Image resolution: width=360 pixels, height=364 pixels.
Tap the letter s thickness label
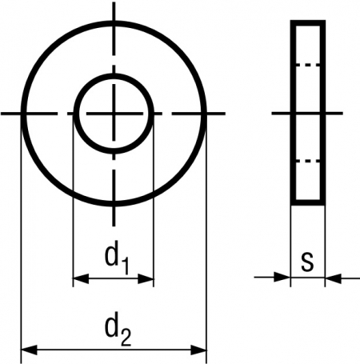click(x=307, y=261)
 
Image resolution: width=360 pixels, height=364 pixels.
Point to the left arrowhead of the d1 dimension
click(x=81, y=278)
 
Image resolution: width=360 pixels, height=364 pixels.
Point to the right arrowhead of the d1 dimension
click(x=146, y=278)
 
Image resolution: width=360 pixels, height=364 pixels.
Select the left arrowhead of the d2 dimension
click(x=29, y=350)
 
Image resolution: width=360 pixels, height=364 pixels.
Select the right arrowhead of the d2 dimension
click(x=198, y=350)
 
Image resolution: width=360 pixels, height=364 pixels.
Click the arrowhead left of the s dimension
click(x=282, y=278)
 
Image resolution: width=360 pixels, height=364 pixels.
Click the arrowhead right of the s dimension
click(x=334, y=278)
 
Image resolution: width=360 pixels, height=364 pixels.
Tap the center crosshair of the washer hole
click(x=114, y=114)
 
